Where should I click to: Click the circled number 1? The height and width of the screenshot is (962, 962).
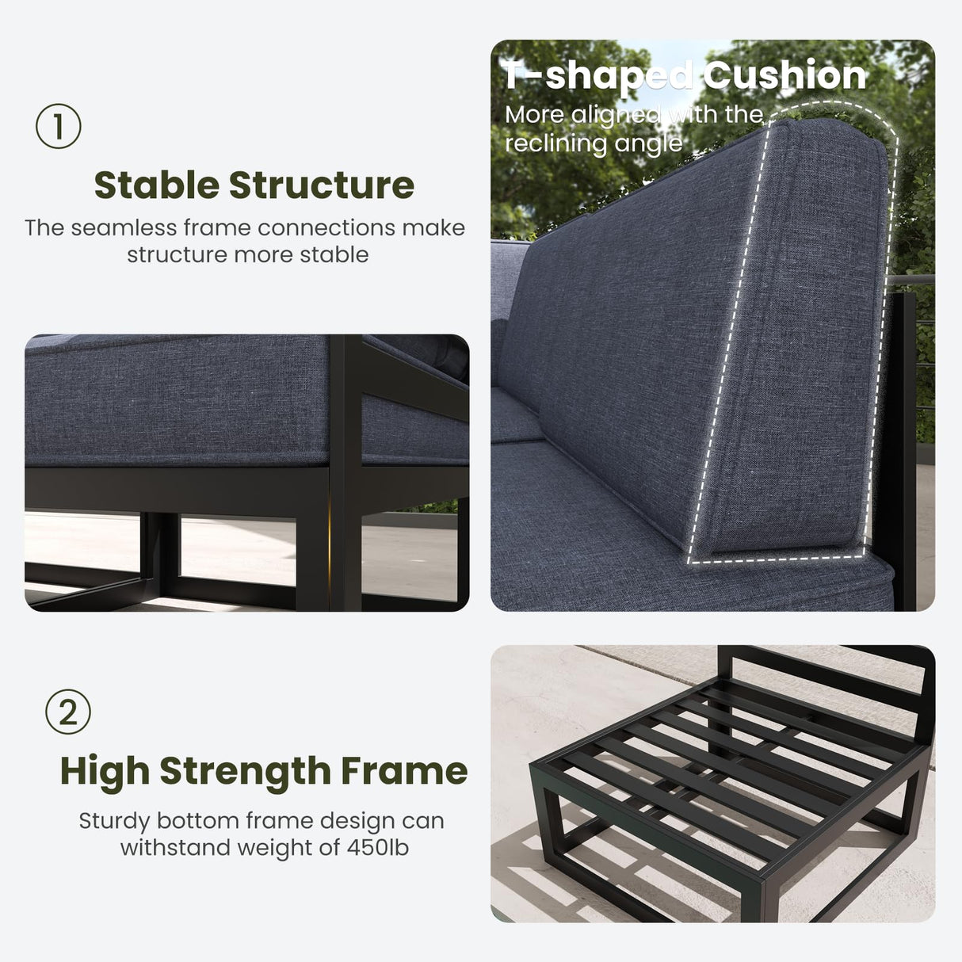coord(59,126)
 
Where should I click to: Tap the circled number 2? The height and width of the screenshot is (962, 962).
coord(68,712)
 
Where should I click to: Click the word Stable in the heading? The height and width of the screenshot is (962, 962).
coord(157,185)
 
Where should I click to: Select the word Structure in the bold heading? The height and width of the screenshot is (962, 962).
coord(322,185)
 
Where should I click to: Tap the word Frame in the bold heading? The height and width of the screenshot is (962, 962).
coord(404,771)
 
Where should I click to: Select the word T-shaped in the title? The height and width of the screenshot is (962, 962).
coord(597,76)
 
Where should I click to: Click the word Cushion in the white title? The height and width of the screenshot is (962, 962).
coord(784,74)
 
